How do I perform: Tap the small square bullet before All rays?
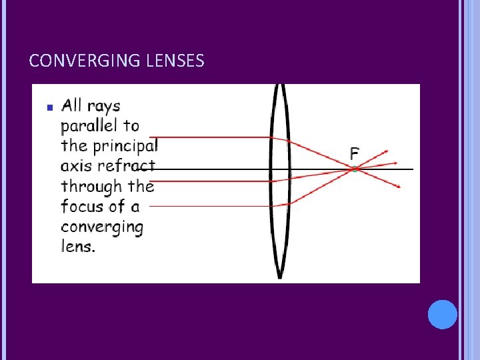click(x=49, y=107)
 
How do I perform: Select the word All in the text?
click(x=71, y=105)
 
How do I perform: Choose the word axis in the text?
click(x=76, y=166)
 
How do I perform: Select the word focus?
click(x=81, y=206)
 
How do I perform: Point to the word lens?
click(x=77, y=246)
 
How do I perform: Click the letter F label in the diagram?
click(x=355, y=154)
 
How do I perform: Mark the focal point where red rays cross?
click(x=355, y=169)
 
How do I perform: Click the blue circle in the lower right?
click(x=443, y=314)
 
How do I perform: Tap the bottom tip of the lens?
click(x=280, y=276)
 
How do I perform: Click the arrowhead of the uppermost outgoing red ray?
click(x=386, y=151)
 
